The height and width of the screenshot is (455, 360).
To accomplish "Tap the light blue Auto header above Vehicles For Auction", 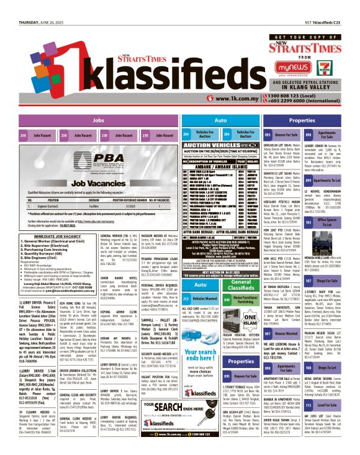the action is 202,120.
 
